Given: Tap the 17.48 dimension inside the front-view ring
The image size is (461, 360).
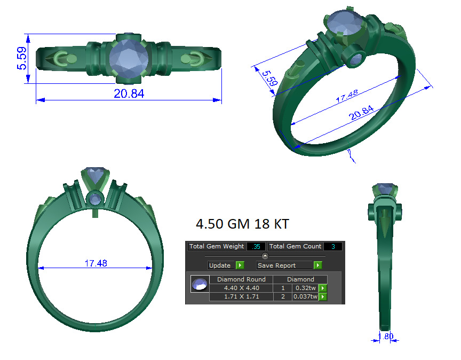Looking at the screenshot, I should pos(96,263).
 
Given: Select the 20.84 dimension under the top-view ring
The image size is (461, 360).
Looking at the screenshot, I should pos(129,93).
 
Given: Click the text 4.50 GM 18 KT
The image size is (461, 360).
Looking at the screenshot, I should pos(243,224).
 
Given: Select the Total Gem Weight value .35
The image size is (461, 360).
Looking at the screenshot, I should pos(257,246).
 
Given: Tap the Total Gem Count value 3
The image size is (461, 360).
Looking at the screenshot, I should pos(333,246).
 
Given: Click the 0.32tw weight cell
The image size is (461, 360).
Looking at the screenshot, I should pos(305,288).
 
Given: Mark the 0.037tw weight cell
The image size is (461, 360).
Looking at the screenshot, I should pos(305,296).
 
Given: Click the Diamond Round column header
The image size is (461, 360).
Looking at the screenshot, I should pos(241,279).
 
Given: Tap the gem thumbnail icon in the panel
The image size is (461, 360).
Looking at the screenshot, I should pos(200,284).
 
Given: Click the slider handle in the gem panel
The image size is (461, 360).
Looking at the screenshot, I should pos(265,256).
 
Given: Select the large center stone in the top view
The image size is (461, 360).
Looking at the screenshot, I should pos(129,59).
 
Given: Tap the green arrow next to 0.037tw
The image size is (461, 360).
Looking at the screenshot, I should pos(322,296).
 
